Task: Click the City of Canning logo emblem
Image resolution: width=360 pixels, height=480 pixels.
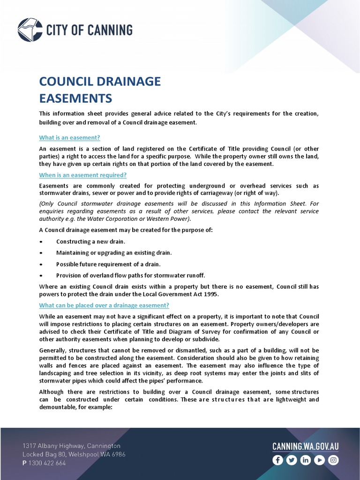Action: coord(30,30)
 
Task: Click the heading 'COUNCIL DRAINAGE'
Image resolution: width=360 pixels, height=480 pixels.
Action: coord(100,82)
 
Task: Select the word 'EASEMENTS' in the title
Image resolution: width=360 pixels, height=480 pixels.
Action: coord(75,98)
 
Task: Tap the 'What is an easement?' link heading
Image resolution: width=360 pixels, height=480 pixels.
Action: coord(69,137)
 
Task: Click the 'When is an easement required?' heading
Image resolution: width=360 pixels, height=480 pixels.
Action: coord(82,175)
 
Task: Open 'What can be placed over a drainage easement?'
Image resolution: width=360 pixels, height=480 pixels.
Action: coord(104,305)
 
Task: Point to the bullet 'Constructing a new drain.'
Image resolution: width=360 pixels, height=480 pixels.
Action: coord(90,241)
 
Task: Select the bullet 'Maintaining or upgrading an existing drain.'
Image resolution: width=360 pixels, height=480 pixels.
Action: coord(114,253)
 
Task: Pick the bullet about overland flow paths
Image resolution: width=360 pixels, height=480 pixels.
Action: coord(130,275)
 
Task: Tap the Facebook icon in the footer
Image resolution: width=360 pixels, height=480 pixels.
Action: coord(277,460)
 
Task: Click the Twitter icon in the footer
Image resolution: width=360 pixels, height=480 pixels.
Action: coord(292,460)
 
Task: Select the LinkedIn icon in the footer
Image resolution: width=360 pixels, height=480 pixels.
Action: coord(305,460)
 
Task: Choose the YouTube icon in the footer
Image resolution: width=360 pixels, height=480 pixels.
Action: coord(319,460)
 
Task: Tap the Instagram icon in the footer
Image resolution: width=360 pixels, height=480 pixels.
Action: coord(333,460)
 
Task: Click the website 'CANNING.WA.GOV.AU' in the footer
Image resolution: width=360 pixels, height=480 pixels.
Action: coord(305,446)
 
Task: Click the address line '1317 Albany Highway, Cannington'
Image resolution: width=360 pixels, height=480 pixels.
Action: coord(71,446)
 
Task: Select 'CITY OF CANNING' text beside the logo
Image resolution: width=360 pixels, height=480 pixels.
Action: coord(89,30)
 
